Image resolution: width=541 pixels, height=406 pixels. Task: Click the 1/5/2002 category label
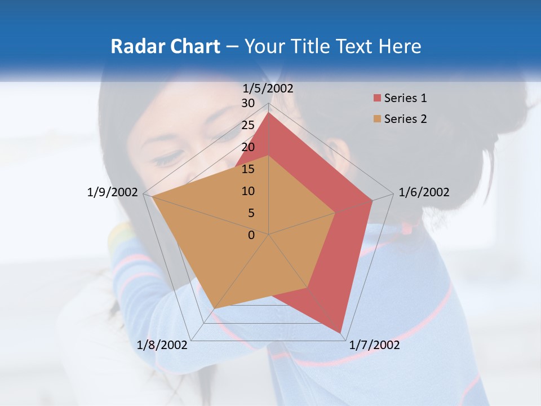click(268, 88)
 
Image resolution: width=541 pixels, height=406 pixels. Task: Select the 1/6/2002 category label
click(424, 192)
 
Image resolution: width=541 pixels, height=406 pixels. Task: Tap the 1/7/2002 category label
click(374, 345)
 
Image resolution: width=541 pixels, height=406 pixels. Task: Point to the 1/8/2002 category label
click(162, 345)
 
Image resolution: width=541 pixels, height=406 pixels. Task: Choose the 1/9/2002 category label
click(112, 192)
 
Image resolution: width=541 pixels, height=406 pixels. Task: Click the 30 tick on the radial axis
click(248, 103)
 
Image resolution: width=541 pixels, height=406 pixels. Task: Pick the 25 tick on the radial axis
click(248, 125)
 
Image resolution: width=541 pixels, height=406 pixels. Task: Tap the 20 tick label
click(248, 147)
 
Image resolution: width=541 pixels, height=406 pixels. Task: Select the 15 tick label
click(248, 169)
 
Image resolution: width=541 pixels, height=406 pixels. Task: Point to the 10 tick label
click(248, 191)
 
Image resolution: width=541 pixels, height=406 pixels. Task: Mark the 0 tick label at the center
click(251, 235)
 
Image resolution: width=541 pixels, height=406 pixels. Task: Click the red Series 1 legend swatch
click(377, 98)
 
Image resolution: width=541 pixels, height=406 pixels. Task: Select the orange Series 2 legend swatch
click(377, 119)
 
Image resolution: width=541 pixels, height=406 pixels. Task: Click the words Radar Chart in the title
click(165, 46)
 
